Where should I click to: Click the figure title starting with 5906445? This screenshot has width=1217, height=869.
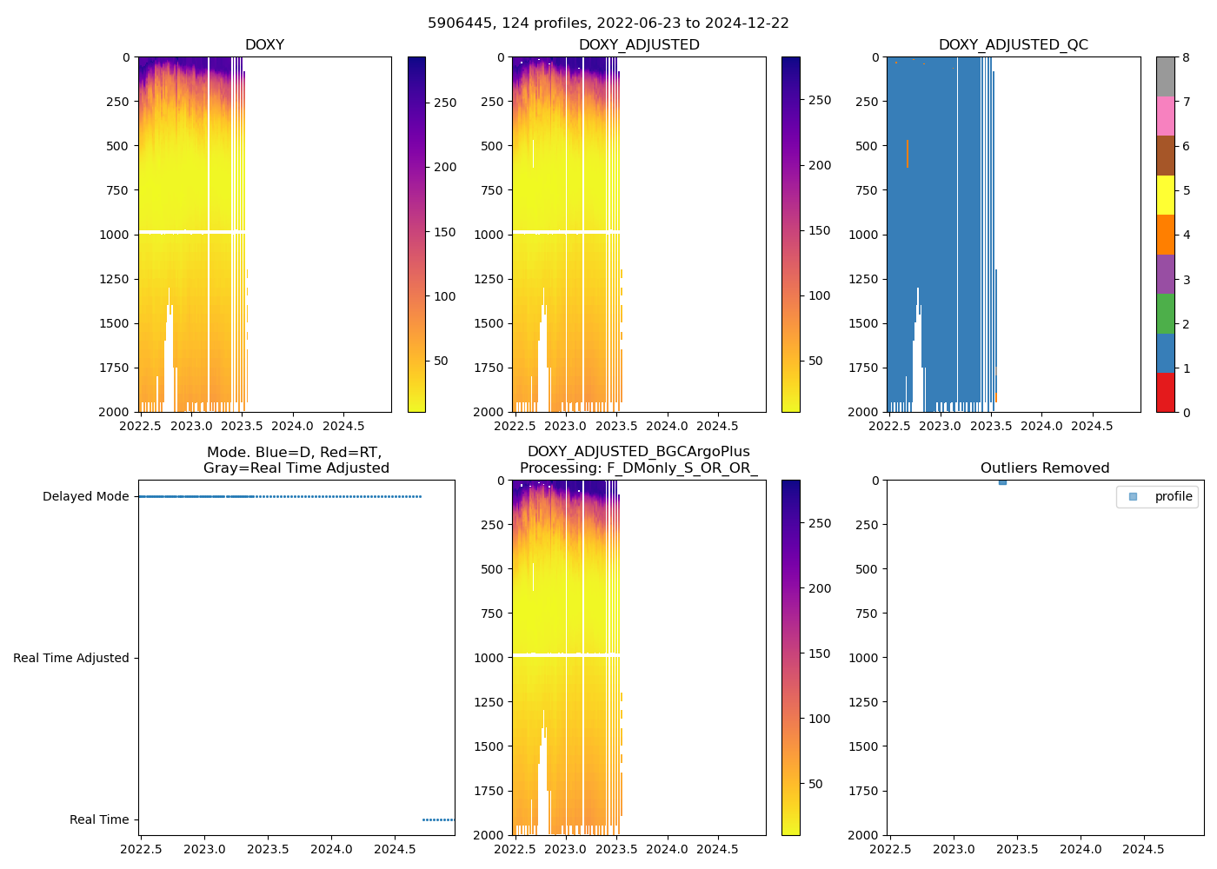coord(608,23)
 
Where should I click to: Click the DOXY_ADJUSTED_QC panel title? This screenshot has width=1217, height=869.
coord(1013,45)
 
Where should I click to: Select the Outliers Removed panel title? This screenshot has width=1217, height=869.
coord(1044,468)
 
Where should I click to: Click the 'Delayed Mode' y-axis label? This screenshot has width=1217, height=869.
coord(85,497)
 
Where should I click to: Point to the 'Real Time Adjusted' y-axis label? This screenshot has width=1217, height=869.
coord(70,658)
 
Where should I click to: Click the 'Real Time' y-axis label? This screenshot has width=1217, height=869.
coord(99,819)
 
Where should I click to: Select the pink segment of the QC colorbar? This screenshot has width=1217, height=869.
coord(1165,116)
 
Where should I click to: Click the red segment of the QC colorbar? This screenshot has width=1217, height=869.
coord(1165,392)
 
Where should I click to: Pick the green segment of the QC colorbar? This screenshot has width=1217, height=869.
coord(1165,313)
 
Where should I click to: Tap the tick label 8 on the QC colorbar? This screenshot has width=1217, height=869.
coord(1186,57)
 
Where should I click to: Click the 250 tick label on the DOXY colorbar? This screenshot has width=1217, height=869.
coord(444,103)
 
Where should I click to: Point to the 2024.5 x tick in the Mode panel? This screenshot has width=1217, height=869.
coord(395,849)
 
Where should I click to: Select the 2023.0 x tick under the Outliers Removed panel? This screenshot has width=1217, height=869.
coord(954,849)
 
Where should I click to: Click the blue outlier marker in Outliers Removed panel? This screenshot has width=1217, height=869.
coord(1002,481)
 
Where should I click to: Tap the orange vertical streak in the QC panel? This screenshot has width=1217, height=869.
coord(908,154)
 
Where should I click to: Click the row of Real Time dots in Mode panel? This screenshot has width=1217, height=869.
coord(438,819)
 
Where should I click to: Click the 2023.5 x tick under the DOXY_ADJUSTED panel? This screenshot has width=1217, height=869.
coord(616,426)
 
